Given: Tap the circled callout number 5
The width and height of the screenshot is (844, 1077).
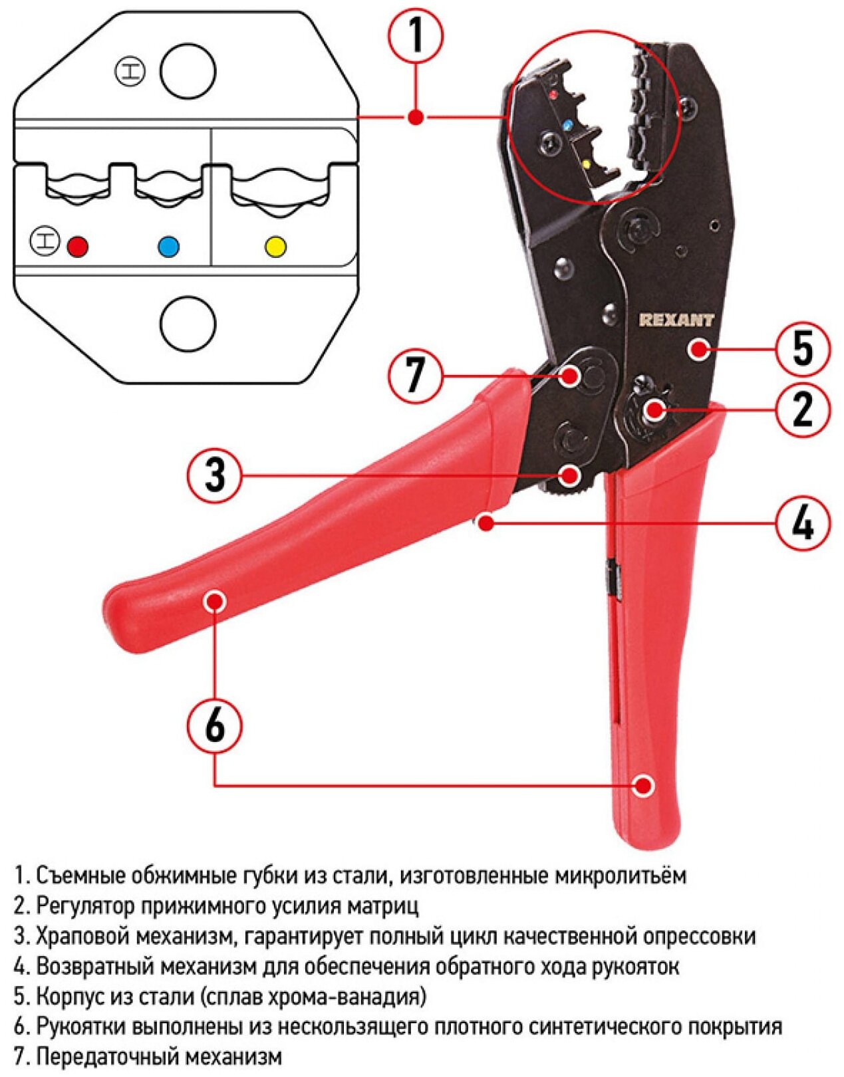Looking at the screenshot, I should (x=803, y=348).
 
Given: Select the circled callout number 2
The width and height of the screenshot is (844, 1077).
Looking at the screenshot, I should (x=803, y=409).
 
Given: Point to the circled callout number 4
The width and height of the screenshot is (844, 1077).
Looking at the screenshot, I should (x=803, y=523).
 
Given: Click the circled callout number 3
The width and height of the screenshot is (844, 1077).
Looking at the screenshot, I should (x=215, y=475).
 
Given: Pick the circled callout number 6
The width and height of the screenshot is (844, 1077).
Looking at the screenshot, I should (x=215, y=725).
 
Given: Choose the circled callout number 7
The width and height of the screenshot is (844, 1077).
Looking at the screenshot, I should (x=416, y=376).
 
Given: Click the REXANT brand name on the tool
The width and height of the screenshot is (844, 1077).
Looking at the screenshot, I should (x=676, y=320).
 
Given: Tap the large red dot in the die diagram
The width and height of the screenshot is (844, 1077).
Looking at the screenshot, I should (x=78, y=247).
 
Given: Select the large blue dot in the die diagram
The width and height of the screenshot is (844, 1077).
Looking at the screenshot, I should (x=168, y=247).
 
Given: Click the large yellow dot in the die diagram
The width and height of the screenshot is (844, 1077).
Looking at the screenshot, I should (x=275, y=247).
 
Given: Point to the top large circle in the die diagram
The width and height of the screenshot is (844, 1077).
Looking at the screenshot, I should (x=188, y=72).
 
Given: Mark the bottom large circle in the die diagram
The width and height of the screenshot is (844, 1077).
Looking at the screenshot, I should (x=188, y=324).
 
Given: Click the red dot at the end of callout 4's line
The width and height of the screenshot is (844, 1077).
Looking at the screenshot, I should (x=486, y=523).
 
